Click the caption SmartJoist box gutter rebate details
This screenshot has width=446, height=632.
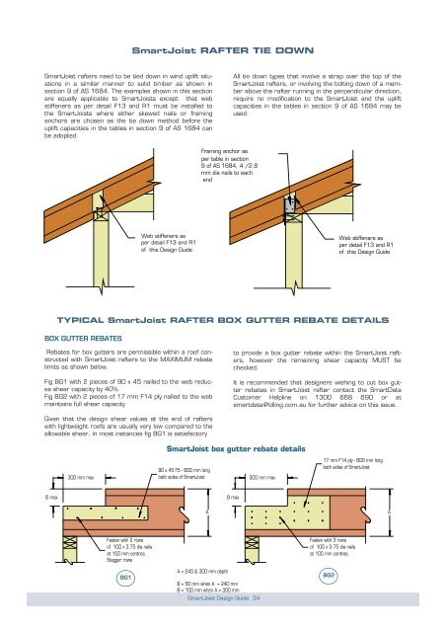coord(222,447)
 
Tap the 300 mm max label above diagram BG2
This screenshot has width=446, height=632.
coord(265,477)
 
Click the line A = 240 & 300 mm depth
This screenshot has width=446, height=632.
coord(207,571)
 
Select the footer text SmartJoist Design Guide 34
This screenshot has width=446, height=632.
coord(223,597)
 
